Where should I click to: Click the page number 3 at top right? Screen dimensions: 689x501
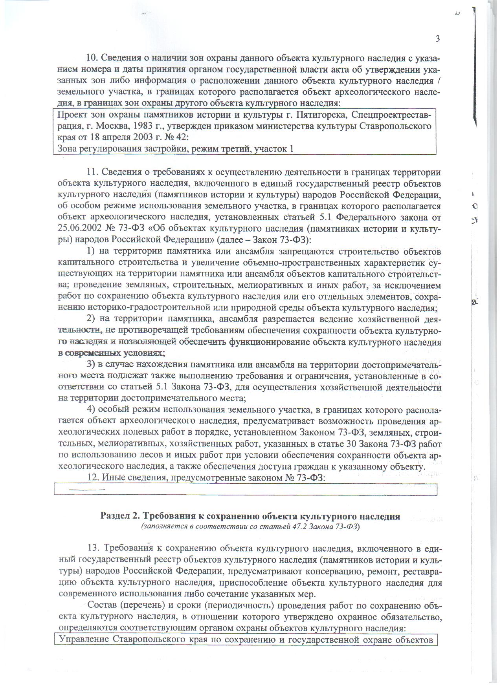tap(437, 38)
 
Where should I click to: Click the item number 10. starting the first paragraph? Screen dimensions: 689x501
tap(92, 58)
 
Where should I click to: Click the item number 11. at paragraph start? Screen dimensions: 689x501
tap(92, 172)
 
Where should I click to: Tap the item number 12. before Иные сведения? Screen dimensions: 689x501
tap(92, 478)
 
